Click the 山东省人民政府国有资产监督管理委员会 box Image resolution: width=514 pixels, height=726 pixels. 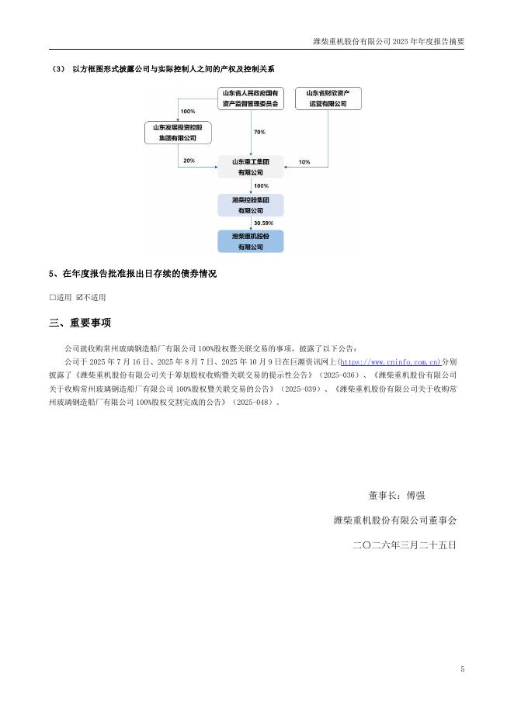click(x=250, y=99)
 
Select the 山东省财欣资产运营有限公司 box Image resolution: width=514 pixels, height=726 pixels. click(x=328, y=99)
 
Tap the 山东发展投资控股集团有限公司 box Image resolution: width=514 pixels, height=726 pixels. click(x=179, y=133)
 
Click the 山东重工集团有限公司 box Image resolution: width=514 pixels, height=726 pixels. click(x=250, y=168)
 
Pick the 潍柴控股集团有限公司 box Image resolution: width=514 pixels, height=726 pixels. click(x=250, y=205)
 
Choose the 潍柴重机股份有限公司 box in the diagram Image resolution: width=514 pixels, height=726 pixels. click(x=250, y=241)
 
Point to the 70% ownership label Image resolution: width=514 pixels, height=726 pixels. click(x=259, y=133)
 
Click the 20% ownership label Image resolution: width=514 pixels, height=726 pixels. click(x=189, y=161)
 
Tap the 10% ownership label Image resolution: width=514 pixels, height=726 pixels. click(x=304, y=161)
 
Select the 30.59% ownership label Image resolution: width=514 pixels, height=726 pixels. click(x=263, y=223)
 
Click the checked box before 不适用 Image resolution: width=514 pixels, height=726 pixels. click(x=79, y=297)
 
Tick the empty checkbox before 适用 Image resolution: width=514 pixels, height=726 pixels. click(x=52, y=297)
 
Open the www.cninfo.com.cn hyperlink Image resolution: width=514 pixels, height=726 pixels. click(x=391, y=361)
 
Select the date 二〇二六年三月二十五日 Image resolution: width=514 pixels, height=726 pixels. click(x=404, y=545)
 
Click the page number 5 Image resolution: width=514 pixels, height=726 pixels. click(x=462, y=669)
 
